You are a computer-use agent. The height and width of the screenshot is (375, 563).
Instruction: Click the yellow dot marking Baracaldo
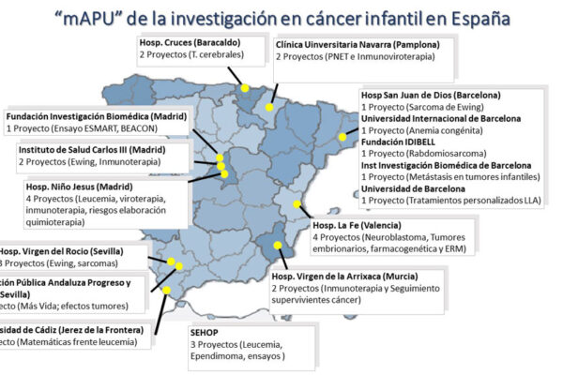[245, 87]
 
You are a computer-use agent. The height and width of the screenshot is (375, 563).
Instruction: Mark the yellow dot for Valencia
[297, 203]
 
